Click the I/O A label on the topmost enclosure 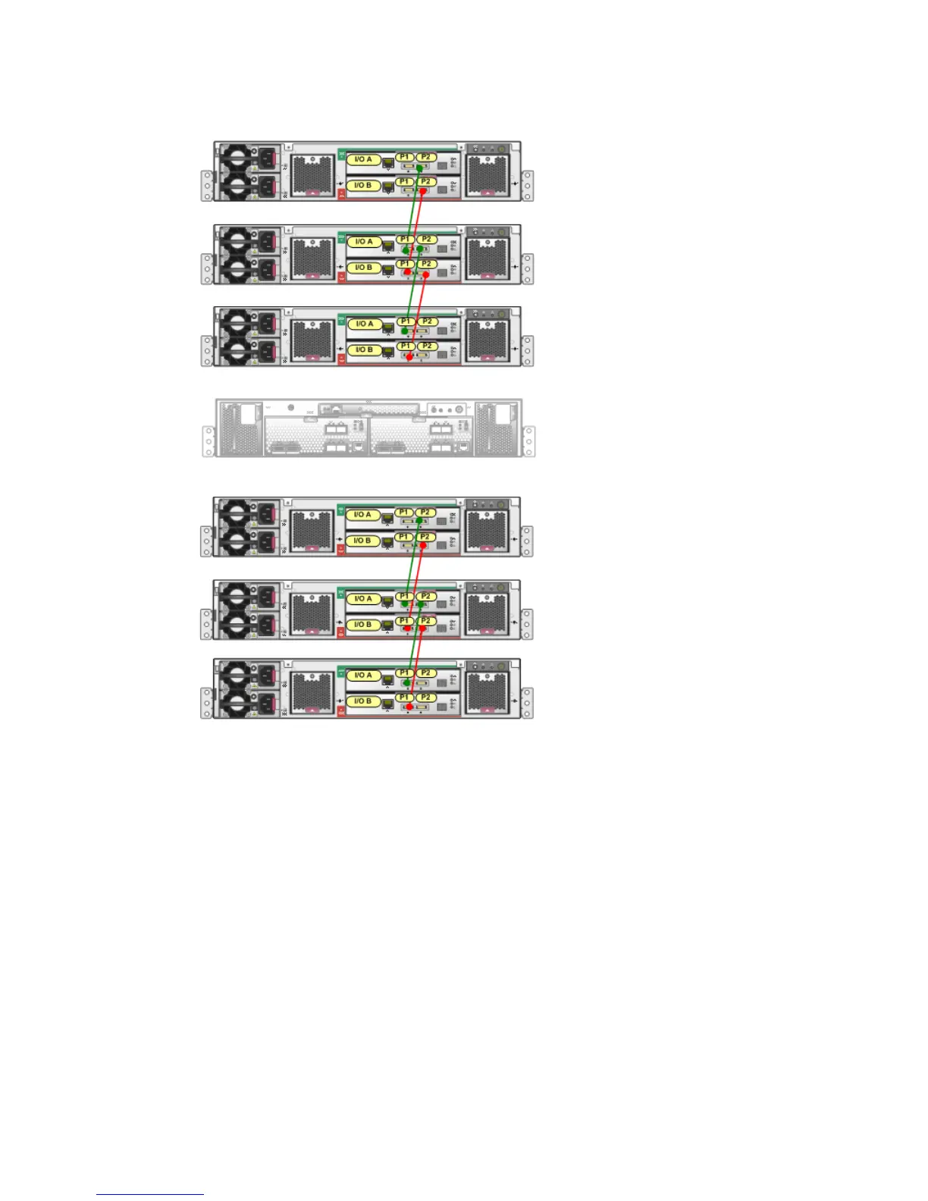click(x=363, y=159)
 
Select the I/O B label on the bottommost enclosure click(x=363, y=701)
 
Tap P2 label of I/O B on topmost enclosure click(x=426, y=182)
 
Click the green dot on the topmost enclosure click(x=419, y=168)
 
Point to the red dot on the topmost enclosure click(x=423, y=192)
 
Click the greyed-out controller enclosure click(x=368, y=428)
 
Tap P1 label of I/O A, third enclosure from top click(x=405, y=321)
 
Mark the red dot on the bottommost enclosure click(x=409, y=707)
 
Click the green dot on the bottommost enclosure click(x=406, y=682)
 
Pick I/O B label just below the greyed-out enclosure click(x=363, y=541)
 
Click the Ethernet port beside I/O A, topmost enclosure click(x=388, y=161)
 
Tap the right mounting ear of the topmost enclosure click(x=528, y=187)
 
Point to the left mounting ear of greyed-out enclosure click(x=208, y=441)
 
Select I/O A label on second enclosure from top click(x=363, y=242)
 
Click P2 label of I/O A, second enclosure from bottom click(x=426, y=597)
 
